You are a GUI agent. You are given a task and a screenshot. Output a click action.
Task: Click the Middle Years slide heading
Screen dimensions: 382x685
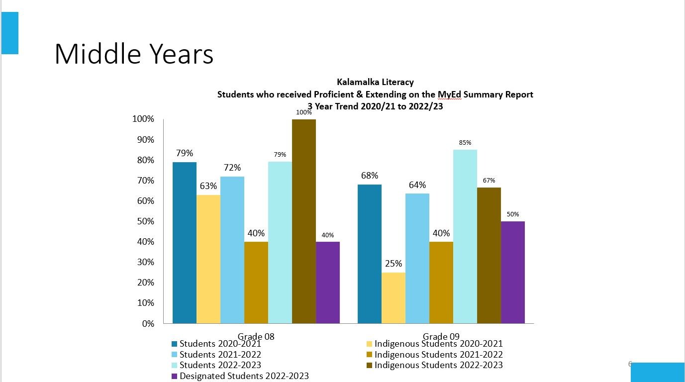[134, 54]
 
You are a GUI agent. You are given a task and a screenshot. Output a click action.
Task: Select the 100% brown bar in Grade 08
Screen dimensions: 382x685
[304, 221]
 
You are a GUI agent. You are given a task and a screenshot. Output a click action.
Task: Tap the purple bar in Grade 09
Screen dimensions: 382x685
[513, 272]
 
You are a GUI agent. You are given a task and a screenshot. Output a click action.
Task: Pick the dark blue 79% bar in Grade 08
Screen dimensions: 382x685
[185, 243]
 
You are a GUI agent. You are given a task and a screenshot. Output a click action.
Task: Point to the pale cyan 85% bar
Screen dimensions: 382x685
[465, 236]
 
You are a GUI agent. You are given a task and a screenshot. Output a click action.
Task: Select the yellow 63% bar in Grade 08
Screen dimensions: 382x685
[208, 259]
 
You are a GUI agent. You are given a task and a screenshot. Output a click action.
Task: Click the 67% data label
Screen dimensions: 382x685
[489, 181]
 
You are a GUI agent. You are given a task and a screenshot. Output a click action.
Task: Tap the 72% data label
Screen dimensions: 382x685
[232, 167]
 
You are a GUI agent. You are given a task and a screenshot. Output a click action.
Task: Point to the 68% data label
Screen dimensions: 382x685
[370, 175]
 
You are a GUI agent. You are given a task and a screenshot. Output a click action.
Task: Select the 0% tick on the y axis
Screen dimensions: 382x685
[148, 323]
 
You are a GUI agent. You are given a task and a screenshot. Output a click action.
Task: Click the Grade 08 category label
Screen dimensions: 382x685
[256, 336]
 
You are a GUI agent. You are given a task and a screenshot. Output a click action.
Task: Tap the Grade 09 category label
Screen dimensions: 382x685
[441, 336]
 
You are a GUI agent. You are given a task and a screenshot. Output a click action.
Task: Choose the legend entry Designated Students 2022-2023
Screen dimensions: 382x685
[244, 376]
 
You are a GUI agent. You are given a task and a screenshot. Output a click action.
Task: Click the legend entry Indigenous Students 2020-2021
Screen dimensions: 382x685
[438, 344]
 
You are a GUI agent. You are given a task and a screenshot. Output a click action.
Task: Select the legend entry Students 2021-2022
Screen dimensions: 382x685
[220, 355]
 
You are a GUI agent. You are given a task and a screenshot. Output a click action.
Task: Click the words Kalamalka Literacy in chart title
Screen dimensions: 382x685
[375, 82]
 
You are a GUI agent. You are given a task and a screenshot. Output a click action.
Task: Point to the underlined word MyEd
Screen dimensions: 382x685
[450, 95]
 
